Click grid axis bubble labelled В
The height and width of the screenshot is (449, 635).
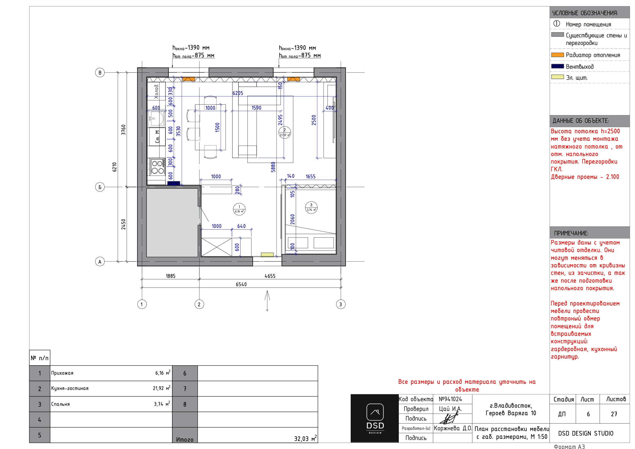[x=100, y=73]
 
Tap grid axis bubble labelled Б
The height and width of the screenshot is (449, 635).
[x=100, y=187]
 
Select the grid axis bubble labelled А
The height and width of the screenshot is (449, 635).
[x=100, y=262]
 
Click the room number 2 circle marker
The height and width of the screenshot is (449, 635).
[x=285, y=133]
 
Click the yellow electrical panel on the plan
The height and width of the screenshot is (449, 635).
[x=267, y=255]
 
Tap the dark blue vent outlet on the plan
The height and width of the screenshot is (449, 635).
[x=174, y=183]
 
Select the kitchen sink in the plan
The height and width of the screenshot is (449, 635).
[x=156, y=118]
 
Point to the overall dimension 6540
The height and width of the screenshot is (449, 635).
[x=241, y=284]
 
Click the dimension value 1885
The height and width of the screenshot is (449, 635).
[x=170, y=276]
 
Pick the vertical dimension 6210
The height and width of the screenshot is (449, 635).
[x=115, y=167]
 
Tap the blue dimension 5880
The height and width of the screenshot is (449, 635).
[x=273, y=167]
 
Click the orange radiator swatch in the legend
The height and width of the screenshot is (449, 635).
[x=558, y=55]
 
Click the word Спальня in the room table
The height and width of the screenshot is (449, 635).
[x=60, y=404]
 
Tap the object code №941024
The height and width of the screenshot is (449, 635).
[x=450, y=399]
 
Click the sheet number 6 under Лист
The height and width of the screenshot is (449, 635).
[x=588, y=414]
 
